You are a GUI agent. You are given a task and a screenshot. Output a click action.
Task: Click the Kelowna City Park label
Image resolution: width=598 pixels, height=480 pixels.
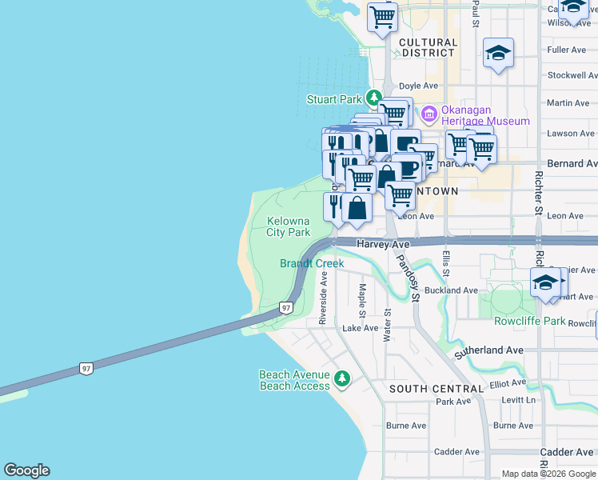[288, 226]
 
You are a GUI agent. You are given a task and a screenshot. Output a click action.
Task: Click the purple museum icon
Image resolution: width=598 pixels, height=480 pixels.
[429, 114]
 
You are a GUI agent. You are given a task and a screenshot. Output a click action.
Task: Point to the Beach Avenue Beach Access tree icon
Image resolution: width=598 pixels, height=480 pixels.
[342, 378]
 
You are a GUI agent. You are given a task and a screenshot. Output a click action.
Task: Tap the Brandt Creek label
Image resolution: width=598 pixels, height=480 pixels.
[312, 263]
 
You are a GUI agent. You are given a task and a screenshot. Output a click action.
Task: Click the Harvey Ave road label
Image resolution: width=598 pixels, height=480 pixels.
[383, 244]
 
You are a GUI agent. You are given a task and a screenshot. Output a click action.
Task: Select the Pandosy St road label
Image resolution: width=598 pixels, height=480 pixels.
[408, 274]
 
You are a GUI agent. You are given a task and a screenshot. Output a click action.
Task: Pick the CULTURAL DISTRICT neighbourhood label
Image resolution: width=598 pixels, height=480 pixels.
[428, 47]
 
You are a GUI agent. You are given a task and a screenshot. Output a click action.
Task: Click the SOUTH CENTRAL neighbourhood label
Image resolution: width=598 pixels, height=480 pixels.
[436, 389]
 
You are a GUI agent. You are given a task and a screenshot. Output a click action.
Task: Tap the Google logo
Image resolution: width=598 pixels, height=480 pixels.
[26, 470]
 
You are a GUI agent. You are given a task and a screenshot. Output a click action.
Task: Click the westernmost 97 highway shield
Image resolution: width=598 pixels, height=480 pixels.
[86, 368]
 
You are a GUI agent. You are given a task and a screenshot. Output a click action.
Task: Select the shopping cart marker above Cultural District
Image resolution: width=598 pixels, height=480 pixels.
[383, 16]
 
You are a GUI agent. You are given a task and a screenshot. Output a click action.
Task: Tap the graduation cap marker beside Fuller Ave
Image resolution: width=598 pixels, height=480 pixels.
[499, 54]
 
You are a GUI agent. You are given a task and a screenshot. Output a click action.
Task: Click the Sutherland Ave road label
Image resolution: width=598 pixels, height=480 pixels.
[488, 350]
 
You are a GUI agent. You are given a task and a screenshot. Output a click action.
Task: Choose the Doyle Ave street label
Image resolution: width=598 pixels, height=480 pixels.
[418, 86]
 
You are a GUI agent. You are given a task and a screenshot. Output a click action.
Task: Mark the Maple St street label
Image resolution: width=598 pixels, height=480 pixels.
[362, 298]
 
